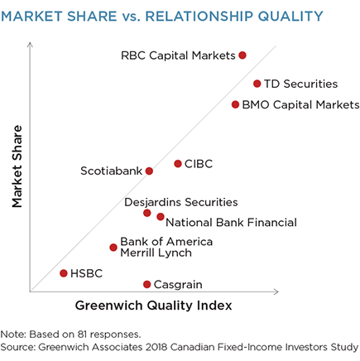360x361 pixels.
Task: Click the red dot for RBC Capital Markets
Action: pyautogui.click(x=242, y=55)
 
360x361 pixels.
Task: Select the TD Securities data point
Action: pyautogui.click(x=257, y=84)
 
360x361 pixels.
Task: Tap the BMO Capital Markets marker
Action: pyautogui.click(x=235, y=104)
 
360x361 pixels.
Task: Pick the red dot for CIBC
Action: pyautogui.click(x=178, y=164)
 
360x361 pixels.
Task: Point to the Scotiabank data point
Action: pyautogui.click(x=149, y=171)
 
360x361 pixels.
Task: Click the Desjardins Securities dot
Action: pyautogui.click(x=147, y=213)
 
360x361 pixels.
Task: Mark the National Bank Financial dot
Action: pyautogui.click(x=161, y=217)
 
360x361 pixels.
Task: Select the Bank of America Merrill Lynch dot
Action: pyautogui.click(x=113, y=248)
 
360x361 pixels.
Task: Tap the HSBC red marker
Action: pyautogui.click(x=64, y=273)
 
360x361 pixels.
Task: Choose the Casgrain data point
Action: pyautogui.click(x=147, y=284)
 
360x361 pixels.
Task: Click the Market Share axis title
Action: pyautogui.click(x=17, y=166)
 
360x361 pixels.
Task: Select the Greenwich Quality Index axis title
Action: pyautogui.click(x=154, y=306)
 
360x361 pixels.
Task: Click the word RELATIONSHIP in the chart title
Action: pyautogui.click(x=199, y=16)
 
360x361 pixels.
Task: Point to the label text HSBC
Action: pyautogui.click(x=86, y=273)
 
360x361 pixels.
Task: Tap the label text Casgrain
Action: pyautogui.click(x=178, y=285)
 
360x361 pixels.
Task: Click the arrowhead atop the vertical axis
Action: pyautogui.click(x=30, y=44)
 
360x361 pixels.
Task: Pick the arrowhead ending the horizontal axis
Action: pyautogui.click(x=276, y=291)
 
